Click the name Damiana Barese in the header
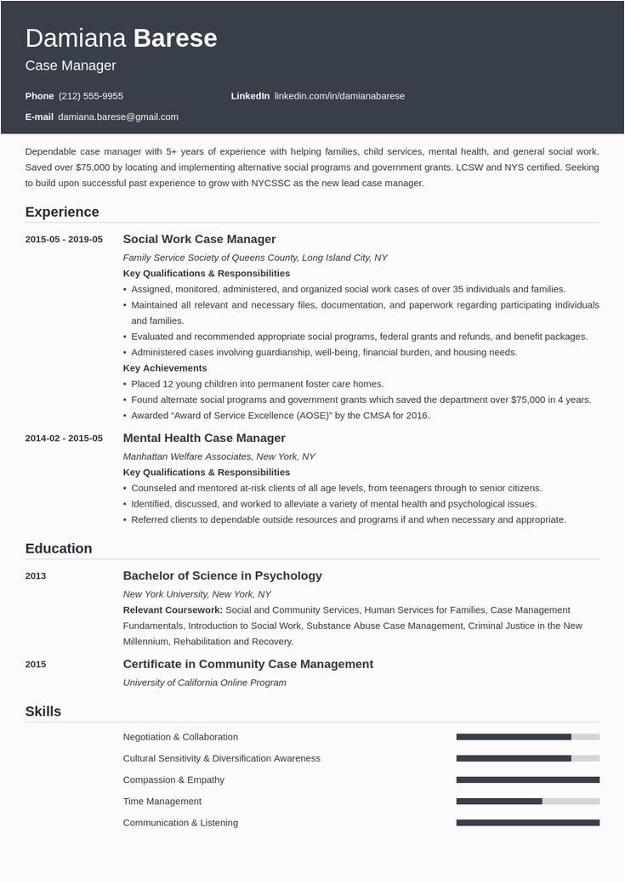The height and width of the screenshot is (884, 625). (x=121, y=38)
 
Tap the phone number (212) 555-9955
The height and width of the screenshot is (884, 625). (x=91, y=96)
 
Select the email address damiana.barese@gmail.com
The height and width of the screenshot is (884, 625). (x=118, y=116)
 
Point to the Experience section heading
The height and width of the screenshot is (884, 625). (x=62, y=212)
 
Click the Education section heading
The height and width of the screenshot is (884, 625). (x=59, y=548)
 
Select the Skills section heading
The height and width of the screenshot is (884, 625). (x=43, y=711)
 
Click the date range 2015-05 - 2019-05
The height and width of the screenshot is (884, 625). (x=64, y=240)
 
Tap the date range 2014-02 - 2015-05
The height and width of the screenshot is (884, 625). (x=64, y=439)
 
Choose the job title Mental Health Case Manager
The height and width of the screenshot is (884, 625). (x=204, y=438)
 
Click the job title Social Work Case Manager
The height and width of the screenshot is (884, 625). (x=199, y=239)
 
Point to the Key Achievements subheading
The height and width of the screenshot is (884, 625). (x=165, y=368)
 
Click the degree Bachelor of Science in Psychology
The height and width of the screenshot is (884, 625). (x=223, y=575)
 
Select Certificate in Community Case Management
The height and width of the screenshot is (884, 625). (x=248, y=664)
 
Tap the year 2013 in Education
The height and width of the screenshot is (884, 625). (x=36, y=576)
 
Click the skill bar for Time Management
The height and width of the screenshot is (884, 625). (x=527, y=801)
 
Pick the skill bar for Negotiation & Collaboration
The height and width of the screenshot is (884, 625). (x=527, y=737)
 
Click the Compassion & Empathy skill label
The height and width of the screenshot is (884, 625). (x=173, y=779)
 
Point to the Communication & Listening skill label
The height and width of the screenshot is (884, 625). (x=180, y=823)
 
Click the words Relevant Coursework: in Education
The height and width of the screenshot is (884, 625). (x=173, y=609)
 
